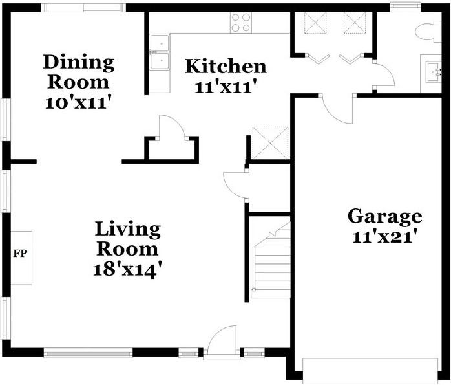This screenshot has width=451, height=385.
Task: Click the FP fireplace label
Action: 20,254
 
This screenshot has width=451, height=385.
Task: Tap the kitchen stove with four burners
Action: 241,23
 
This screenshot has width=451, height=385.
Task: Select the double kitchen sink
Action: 160,52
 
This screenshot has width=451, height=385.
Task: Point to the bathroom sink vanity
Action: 431,73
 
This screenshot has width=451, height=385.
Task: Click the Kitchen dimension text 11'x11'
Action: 226,87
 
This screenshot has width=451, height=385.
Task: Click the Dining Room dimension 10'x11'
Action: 78,102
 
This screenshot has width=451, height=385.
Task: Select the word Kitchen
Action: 226,66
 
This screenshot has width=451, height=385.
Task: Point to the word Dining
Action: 79,63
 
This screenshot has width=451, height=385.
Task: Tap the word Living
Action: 128,230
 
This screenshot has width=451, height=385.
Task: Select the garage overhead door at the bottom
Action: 370,371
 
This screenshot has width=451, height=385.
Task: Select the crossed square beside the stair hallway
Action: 270,143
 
